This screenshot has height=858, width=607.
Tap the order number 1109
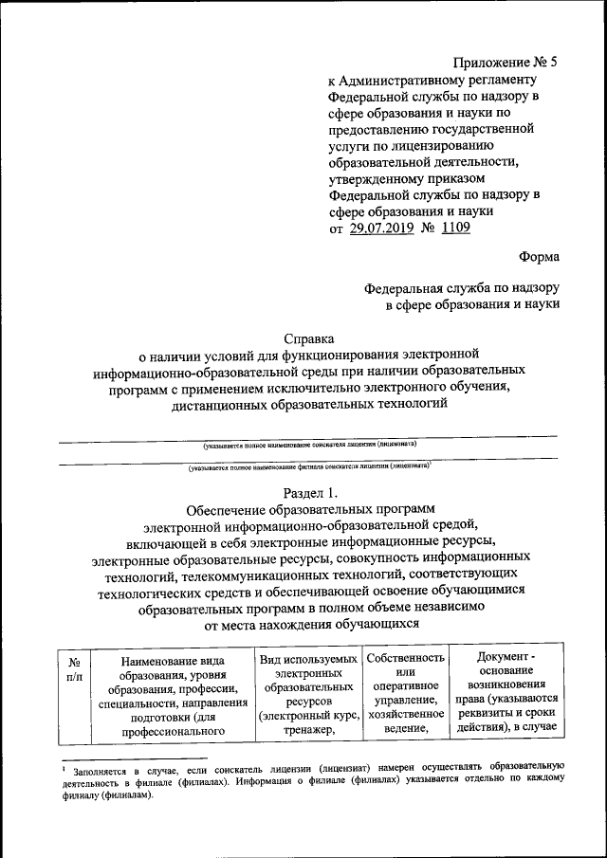(x=452, y=228)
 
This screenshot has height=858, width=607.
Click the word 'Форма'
(x=539, y=256)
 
